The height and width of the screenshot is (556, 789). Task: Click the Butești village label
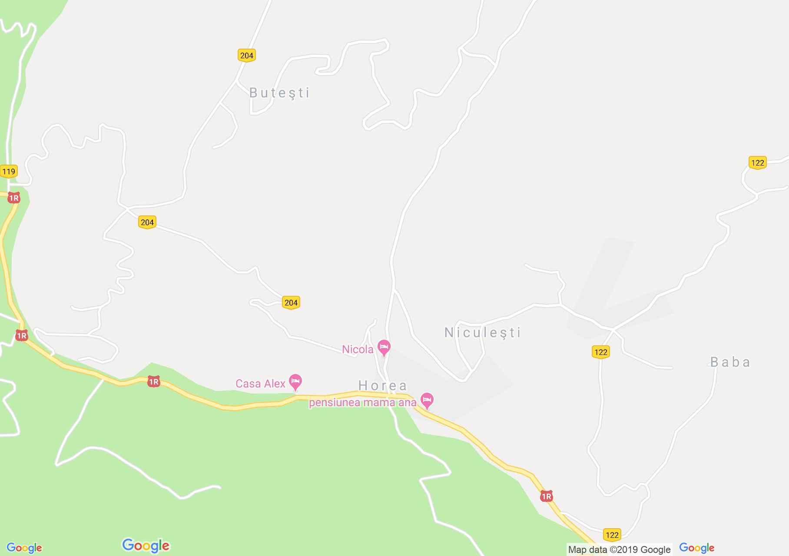click(279, 93)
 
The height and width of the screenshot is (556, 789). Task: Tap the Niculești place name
click(482, 333)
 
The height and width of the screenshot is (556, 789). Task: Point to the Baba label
click(730, 362)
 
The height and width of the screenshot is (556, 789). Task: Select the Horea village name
click(382, 385)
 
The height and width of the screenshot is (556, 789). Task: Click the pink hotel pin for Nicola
click(384, 347)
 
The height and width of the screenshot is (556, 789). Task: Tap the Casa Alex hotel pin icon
click(295, 382)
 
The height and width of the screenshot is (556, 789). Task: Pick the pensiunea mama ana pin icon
click(427, 401)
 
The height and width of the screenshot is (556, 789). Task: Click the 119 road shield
click(9, 171)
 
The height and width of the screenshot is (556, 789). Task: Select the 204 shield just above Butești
click(247, 55)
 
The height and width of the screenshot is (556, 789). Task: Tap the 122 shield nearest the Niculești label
click(601, 352)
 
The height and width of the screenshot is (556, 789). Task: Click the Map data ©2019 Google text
click(619, 549)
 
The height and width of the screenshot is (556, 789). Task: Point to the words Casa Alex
click(260, 384)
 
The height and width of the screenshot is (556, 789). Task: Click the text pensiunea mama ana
click(362, 402)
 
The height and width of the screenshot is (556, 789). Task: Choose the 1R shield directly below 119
click(14, 198)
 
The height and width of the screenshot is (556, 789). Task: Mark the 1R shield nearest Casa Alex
click(153, 382)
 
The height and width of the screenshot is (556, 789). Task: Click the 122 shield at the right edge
click(757, 163)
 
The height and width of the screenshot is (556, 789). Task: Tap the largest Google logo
click(146, 546)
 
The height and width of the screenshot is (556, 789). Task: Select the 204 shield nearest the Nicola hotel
click(291, 303)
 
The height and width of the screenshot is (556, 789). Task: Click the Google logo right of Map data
click(696, 548)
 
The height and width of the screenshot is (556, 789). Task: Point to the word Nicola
click(358, 350)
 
